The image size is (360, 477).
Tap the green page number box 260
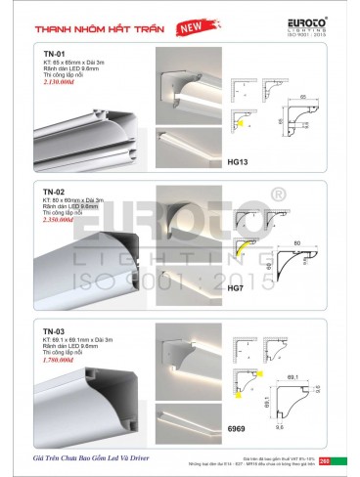pyautogui.click(x=338, y=459)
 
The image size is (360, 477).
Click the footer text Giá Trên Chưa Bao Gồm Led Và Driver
pyautogui.click(x=90, y=456)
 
